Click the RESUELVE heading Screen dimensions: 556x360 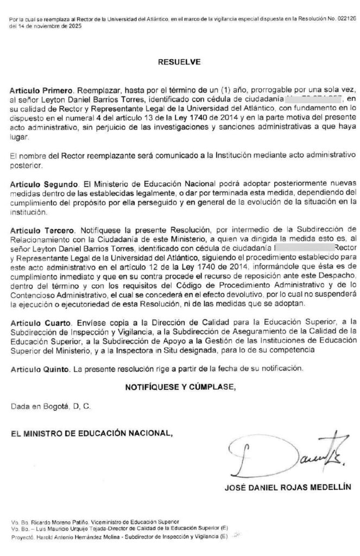[x=179, y=62]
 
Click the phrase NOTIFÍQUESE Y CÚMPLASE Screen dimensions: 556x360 [x=181, y=387]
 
